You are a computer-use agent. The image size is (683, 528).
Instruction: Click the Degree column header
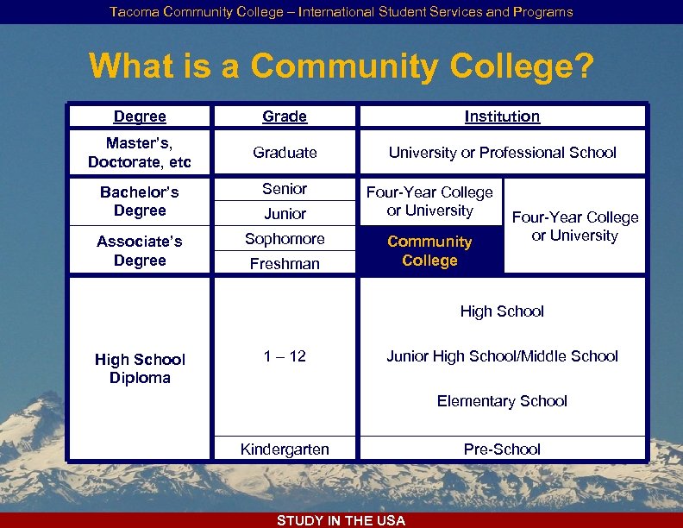tap(140, 116)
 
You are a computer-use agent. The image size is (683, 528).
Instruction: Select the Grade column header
tap(285, 116)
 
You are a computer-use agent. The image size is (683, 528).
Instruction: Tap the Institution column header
tap(502, 116)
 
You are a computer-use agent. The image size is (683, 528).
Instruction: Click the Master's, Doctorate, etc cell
tap(140, 152)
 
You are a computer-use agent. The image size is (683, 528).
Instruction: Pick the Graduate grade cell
tap(285, 153)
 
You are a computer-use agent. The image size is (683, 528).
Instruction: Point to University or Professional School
tap(502, 153)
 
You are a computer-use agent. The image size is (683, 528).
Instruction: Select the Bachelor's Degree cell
tap(140, 201)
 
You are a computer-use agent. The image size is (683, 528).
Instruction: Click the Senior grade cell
tap(285, 189)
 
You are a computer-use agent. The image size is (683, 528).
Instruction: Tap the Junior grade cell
tap(285, 213)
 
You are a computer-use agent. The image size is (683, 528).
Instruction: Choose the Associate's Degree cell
tap(140, 250)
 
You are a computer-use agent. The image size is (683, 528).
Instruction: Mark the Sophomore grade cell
tap(285, 239)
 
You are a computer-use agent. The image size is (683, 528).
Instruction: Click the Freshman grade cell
tap(285, 263)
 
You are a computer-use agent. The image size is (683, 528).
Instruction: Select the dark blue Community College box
tap(429, 251)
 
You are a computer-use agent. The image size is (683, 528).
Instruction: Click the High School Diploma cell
tap(140, 368)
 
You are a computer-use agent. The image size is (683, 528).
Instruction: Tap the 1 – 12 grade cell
tap(285, 356)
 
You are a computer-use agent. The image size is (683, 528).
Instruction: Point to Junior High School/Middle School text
tap(502, 356)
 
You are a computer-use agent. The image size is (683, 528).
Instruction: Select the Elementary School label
tap(502, 401)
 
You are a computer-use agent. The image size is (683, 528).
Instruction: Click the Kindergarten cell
tap(285, 449)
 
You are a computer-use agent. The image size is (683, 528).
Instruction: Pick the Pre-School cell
tap(502, 449)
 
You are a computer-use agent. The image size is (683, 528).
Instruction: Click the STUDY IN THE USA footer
tap(341, 520)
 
